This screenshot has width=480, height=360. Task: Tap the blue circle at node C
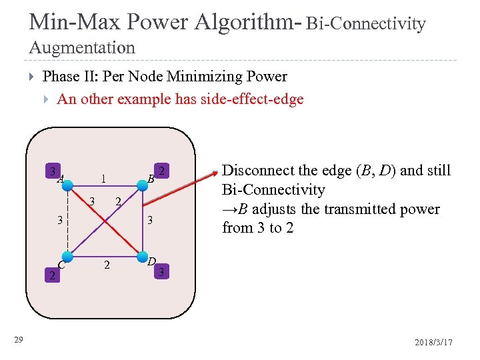pos(66,255)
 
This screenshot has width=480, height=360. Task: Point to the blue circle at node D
pos(142,255)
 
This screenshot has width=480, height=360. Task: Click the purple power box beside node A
pos(52,171)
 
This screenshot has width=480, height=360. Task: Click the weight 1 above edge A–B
pos(102,179)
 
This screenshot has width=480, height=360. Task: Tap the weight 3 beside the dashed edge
pos(59,219)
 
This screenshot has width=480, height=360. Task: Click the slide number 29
pos(19,341)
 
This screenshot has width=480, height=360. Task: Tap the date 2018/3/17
pos(433,341)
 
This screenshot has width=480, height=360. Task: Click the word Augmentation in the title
pos(82,48)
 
